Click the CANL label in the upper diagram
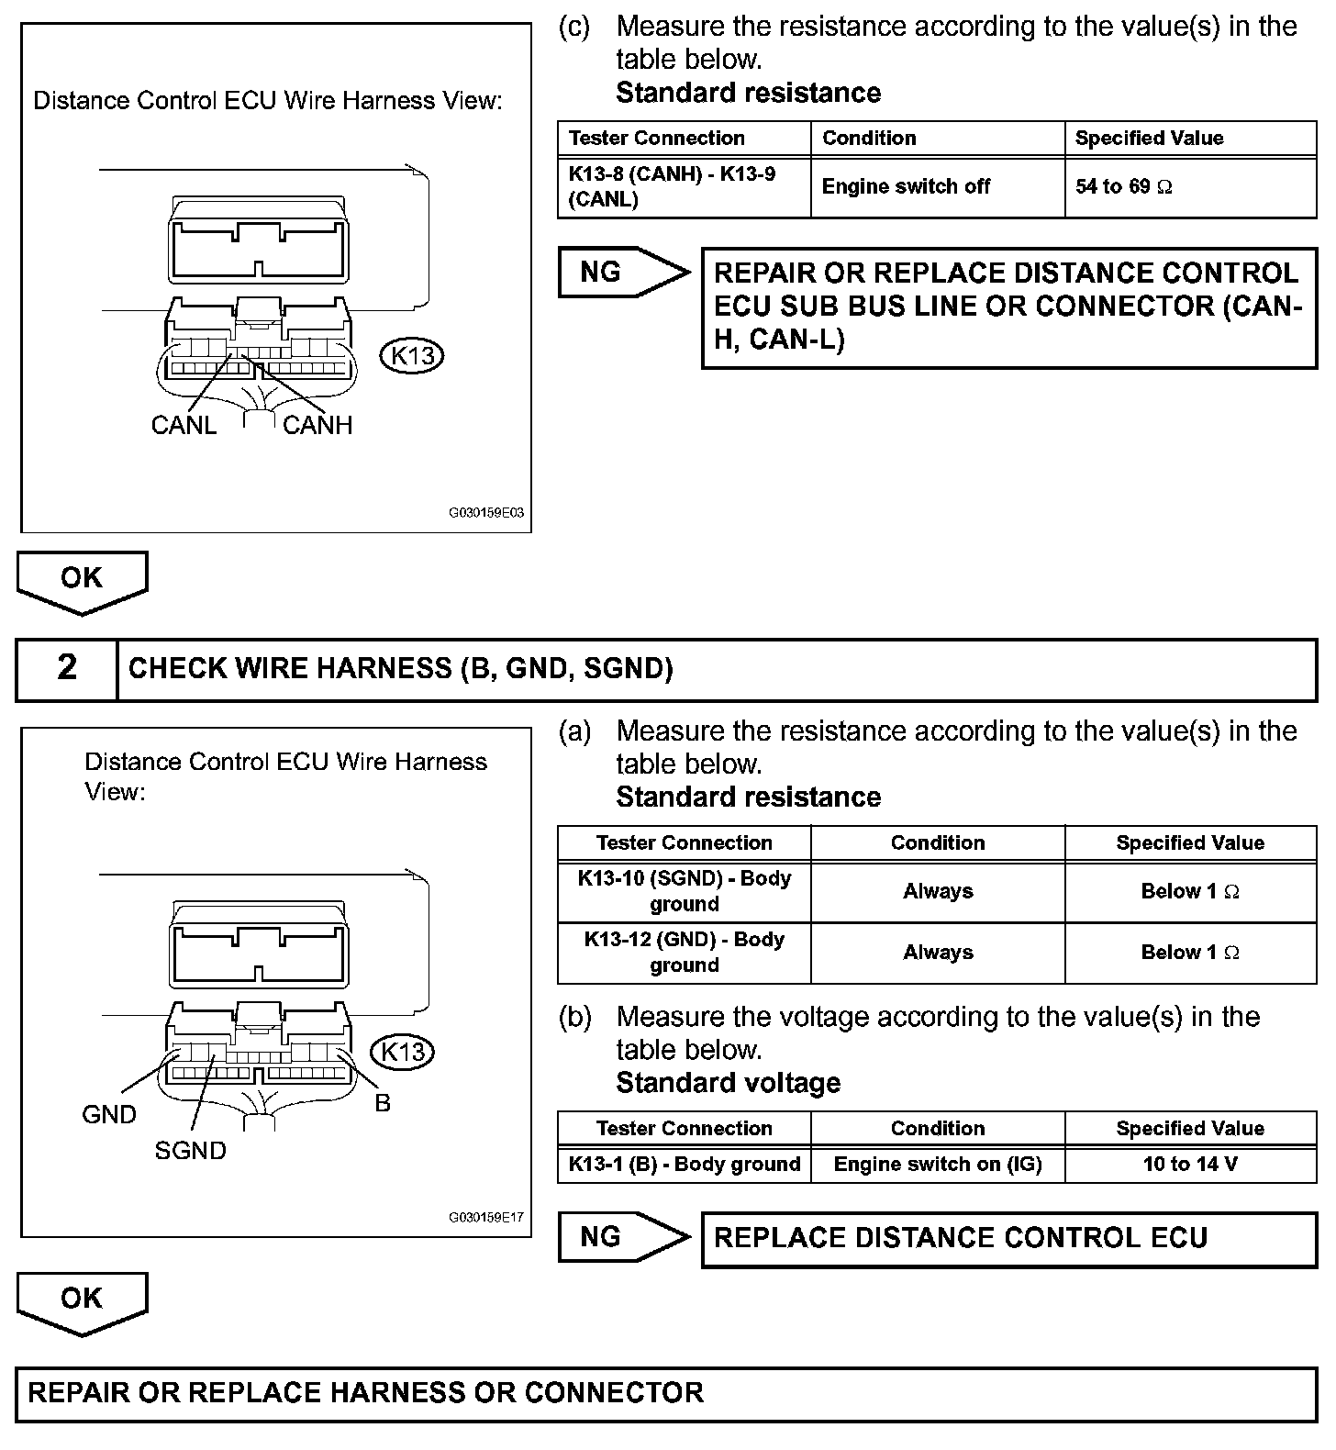[x=184, y=425]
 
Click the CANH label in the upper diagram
[x=317, y=425]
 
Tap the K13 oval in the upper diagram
[x=412, y=355]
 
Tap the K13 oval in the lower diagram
[x=402, y=1051]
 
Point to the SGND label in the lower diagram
[x=190, y=1150]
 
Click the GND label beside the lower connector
[x=109, y=1114]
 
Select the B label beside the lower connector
[x=383, y=1102]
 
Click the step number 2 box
[x=67, y=668]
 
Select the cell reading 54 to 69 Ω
[x=1190, y=187]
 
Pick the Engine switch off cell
[x=937, y=187]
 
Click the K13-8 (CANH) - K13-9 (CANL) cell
[x=684, y=187]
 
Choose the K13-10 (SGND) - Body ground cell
[x=684, y=891]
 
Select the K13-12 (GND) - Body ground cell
[x=684, y=953]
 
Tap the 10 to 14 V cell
[x=1190, y=1165]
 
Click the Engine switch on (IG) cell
[x=937, y=1165]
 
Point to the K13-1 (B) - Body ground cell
[x=684, y=1165]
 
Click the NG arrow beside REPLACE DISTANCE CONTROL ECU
[x=622, y=1237]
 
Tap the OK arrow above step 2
[x=82, y=580]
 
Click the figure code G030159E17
[x=485, y=1218]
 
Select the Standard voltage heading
[x=728, y=1083]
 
